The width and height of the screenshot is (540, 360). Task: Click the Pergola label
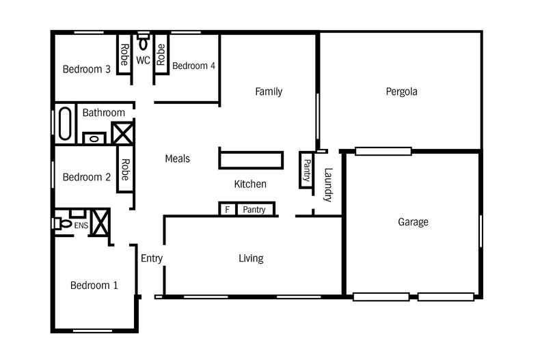click(x=401, y=92)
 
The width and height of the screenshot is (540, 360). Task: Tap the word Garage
click(x=413, y=222)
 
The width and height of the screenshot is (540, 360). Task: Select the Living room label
click(x=251, y=258)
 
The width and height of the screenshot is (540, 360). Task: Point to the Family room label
click(x=269, y=92)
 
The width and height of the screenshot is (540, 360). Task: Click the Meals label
click(x=177, y=158)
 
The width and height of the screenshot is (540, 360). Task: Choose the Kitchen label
click(x=250, y=184)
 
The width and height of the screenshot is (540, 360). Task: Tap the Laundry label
click(x=328, y=185)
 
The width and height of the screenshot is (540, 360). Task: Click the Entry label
click(x=152, y=258)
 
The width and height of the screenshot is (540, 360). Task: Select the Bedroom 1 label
click(x=94, y=286)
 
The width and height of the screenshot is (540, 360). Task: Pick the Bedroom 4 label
click(x=193, y=66)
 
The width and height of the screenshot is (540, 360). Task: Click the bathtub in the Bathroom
click(x=65, y=124)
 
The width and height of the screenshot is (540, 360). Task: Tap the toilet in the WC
click(x=143, y=41)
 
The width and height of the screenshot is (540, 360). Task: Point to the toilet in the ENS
click(x=62, y=223)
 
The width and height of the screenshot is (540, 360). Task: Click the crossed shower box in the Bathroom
click(x=122, y=133)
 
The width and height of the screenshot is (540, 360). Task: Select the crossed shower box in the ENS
click(x=100, y=222)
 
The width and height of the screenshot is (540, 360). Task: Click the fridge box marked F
click(x=228, y=209)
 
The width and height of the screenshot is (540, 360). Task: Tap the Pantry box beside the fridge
click(x=255, y=209)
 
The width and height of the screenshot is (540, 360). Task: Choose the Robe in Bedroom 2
click(x=125, y=169)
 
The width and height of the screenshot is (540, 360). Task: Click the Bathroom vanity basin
click(x=94, y=139)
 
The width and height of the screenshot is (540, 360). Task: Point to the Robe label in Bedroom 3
click(x=124, y=55)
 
